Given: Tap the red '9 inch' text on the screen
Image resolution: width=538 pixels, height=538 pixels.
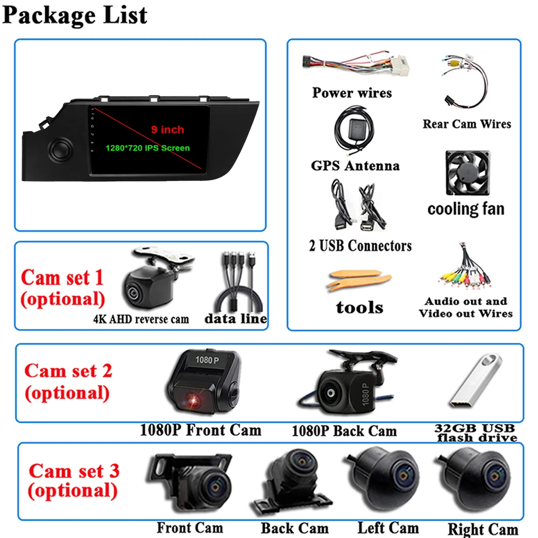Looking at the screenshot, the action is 167,130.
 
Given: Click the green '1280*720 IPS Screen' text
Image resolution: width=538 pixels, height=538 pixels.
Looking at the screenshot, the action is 155,147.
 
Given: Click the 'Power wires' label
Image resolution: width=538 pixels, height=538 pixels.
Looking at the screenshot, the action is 352,93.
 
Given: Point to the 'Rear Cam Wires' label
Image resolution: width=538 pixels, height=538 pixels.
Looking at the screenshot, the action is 466,124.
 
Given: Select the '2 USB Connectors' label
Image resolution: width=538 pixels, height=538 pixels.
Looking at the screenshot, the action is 360,246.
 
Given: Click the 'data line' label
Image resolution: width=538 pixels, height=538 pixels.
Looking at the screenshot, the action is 236,318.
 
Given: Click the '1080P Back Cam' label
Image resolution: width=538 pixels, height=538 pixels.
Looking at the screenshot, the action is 344,431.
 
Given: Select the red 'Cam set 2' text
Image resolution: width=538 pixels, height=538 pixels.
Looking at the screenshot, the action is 68,371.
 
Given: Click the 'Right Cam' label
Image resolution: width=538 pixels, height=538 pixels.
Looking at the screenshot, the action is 483,529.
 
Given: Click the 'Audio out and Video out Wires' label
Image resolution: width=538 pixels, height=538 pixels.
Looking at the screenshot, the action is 466,307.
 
